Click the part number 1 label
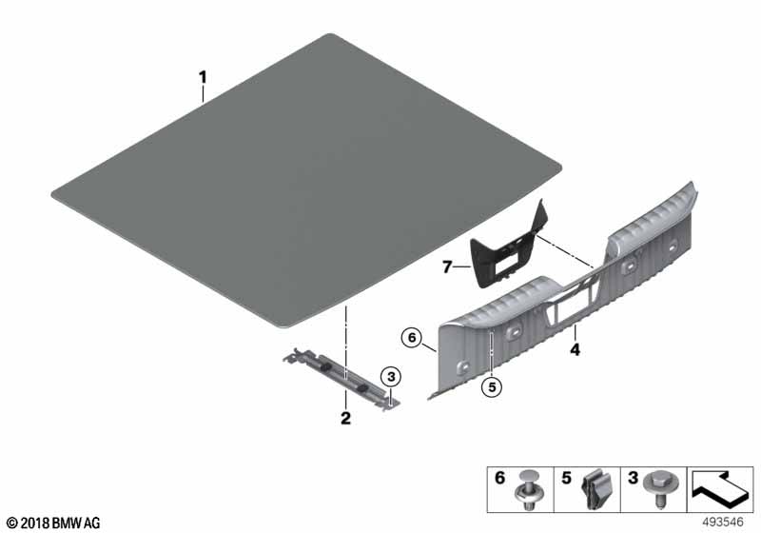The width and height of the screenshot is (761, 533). tap(202, 75)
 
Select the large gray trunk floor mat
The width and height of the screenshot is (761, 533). tap(304, 181)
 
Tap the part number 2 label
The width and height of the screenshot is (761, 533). tap(345, 418)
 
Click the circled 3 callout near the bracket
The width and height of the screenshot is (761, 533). tap(388, 377)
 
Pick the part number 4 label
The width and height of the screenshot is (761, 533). tap(575, 349)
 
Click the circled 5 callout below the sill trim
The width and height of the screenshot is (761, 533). tap(490, 386)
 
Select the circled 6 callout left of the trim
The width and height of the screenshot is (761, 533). tap(411, 337)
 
